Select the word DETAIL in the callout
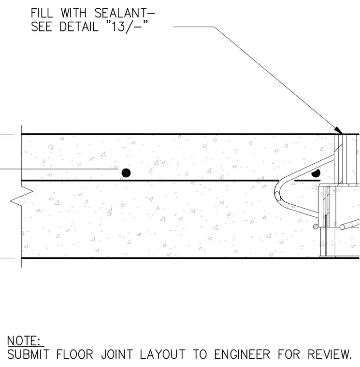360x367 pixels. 79,27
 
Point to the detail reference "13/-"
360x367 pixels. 127,27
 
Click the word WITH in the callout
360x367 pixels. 74,13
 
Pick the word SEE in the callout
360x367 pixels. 41,27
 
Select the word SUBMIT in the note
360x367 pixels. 29,354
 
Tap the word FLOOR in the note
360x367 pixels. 75,354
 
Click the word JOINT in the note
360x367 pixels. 117,354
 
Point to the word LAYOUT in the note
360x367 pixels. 162,354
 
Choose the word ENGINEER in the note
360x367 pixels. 242,354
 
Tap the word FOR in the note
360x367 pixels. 289,354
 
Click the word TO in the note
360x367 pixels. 200,354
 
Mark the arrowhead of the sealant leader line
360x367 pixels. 338,130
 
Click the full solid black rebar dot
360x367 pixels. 126,173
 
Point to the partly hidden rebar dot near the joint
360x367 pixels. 316,173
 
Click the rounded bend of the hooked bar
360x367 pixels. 276,193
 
